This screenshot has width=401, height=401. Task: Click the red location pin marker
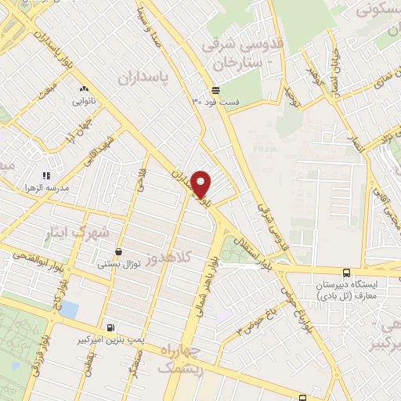[x=201, y=184]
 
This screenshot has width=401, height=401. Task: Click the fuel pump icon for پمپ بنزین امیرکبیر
[x=110, y=327]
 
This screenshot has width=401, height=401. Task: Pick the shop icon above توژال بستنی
[x=118, y=252]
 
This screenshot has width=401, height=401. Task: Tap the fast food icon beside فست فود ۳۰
[x=215, y=89]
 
